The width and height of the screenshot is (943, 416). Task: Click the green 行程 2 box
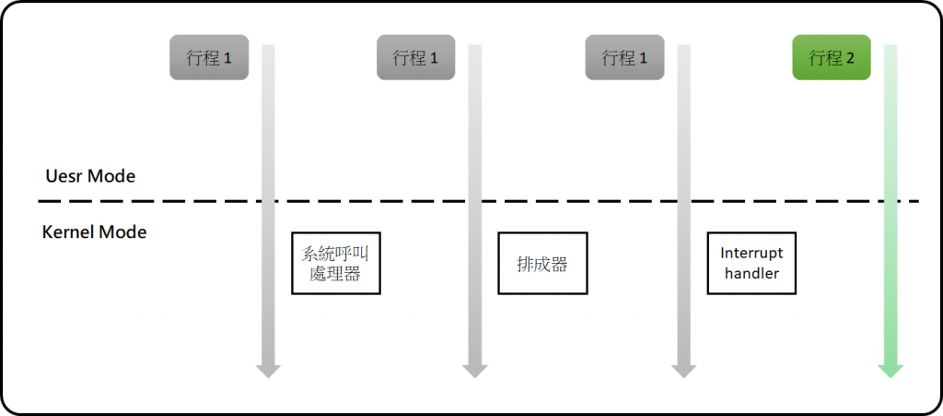click(x=832, y=58)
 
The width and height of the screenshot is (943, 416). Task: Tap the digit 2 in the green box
click(x=851, y=59)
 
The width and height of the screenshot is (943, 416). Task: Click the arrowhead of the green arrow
click(x=891, y=370)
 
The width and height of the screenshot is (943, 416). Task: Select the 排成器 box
click(x=542, y=264)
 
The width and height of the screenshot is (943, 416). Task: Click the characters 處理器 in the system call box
click(x=335, y=275)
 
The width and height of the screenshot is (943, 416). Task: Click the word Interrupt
click(x=751, y=253)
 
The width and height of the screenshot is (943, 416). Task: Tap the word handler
click(x=751, y=273)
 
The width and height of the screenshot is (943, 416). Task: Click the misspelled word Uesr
click(x=64, y=175)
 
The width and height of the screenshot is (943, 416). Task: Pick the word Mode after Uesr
click(x=111, y=175)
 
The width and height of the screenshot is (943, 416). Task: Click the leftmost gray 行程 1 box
click(x=209, y=58)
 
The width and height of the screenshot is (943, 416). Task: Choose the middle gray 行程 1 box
click(x=415, y=58)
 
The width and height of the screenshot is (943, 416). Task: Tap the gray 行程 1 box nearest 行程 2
click(x=623, y=58)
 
